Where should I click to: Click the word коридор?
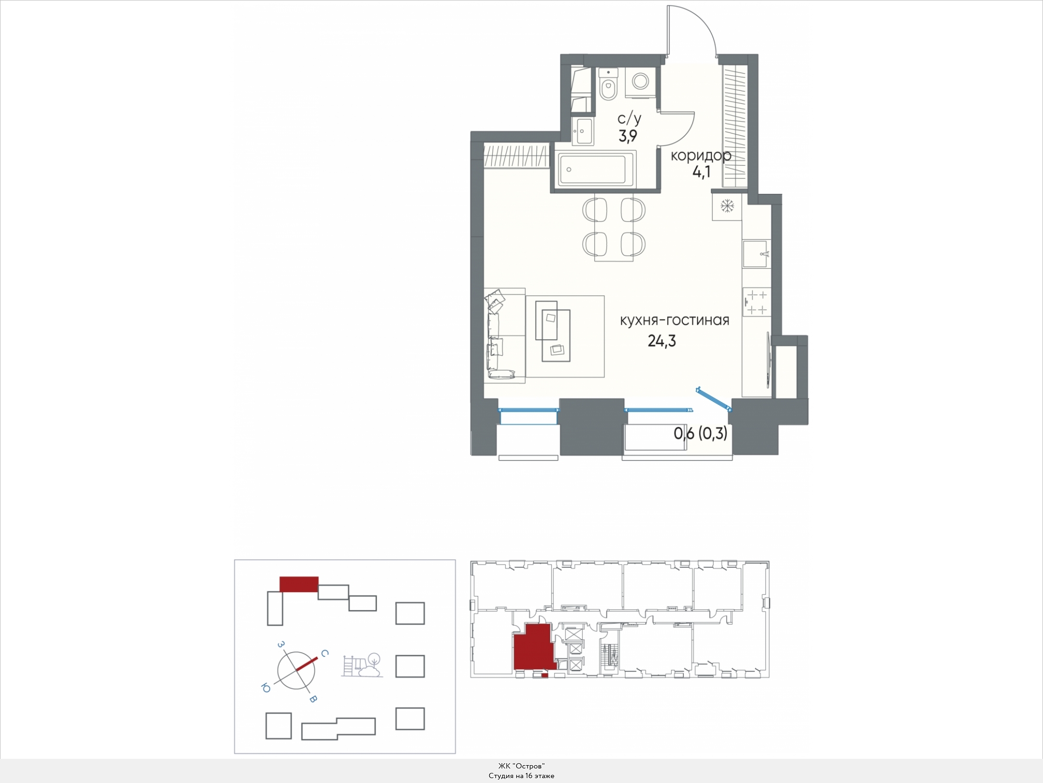[701, 156]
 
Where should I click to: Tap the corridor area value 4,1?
[701, 173]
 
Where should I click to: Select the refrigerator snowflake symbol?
[727, 206]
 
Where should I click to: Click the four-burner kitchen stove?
[757, 302]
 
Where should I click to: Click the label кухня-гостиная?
[675, 320]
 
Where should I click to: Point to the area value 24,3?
[662, 341]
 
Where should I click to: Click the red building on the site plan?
[299, 584]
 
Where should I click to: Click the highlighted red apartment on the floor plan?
[533, 648]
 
